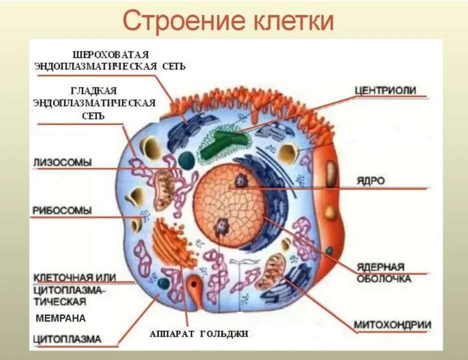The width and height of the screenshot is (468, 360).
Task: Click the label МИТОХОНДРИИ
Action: click(392, 325)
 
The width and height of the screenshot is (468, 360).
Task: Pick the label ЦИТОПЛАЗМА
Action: click(68, 338)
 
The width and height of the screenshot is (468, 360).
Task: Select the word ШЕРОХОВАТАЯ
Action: click(111, 53)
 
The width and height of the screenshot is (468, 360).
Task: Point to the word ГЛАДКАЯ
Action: click(94, 90)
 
